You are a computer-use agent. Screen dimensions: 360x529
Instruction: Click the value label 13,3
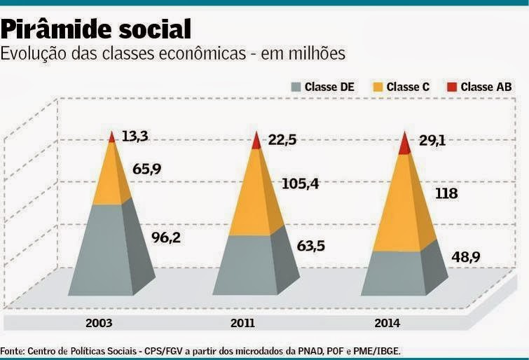pos(134,136)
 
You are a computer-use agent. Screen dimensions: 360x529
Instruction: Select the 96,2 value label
pos(166,237)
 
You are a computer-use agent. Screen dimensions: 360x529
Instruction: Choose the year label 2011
pos(242,324)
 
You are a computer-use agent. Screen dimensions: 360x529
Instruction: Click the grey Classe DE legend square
pos(296,88)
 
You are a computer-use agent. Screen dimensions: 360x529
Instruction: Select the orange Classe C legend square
pos(378,88)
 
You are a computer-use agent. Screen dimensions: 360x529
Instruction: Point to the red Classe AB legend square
pos(451,88)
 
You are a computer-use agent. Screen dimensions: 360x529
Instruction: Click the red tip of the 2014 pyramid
pos(404,145)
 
